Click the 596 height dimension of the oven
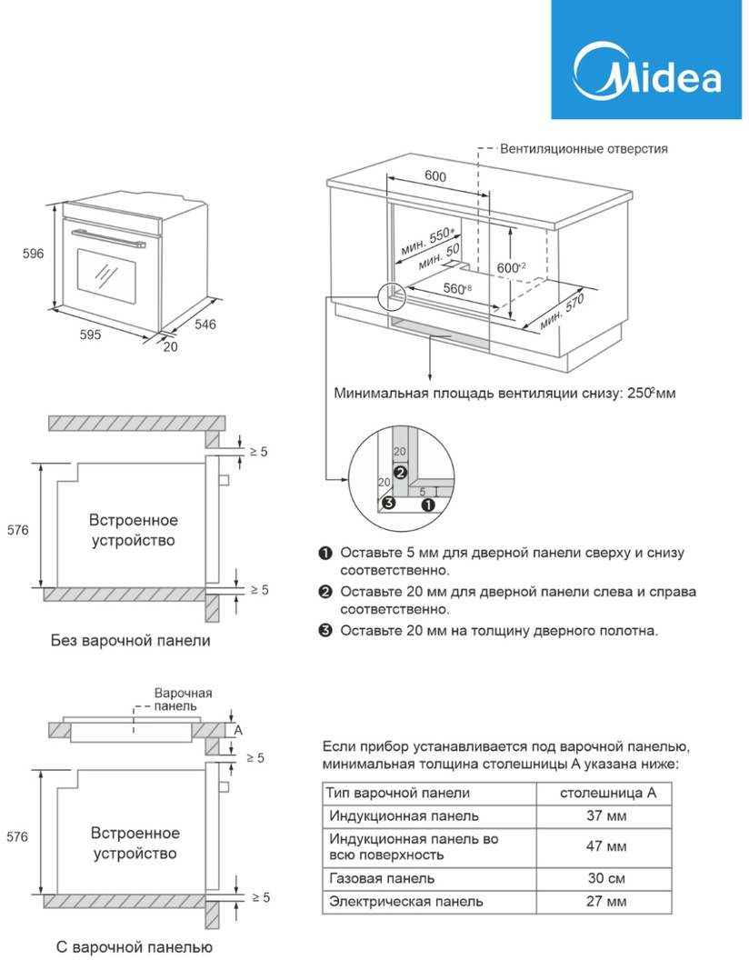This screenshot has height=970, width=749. (x=33, y=255)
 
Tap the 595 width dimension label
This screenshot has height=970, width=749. (x=89, y=335)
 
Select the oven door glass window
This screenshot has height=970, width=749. (x=106, y=275)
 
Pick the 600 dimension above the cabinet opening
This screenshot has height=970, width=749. (x=434, y=177)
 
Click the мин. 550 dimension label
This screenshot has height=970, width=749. (x=428, y=242)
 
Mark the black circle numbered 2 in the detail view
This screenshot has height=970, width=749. (x=399, y=471)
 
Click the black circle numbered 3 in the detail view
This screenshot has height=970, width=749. (x=388, y=503)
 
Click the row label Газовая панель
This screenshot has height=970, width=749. (x=381, y=878)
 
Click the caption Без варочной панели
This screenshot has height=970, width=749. (x=130, y=640)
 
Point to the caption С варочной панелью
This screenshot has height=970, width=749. (x=134, y=947)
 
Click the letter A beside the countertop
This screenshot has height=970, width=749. (x=238, y=730)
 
